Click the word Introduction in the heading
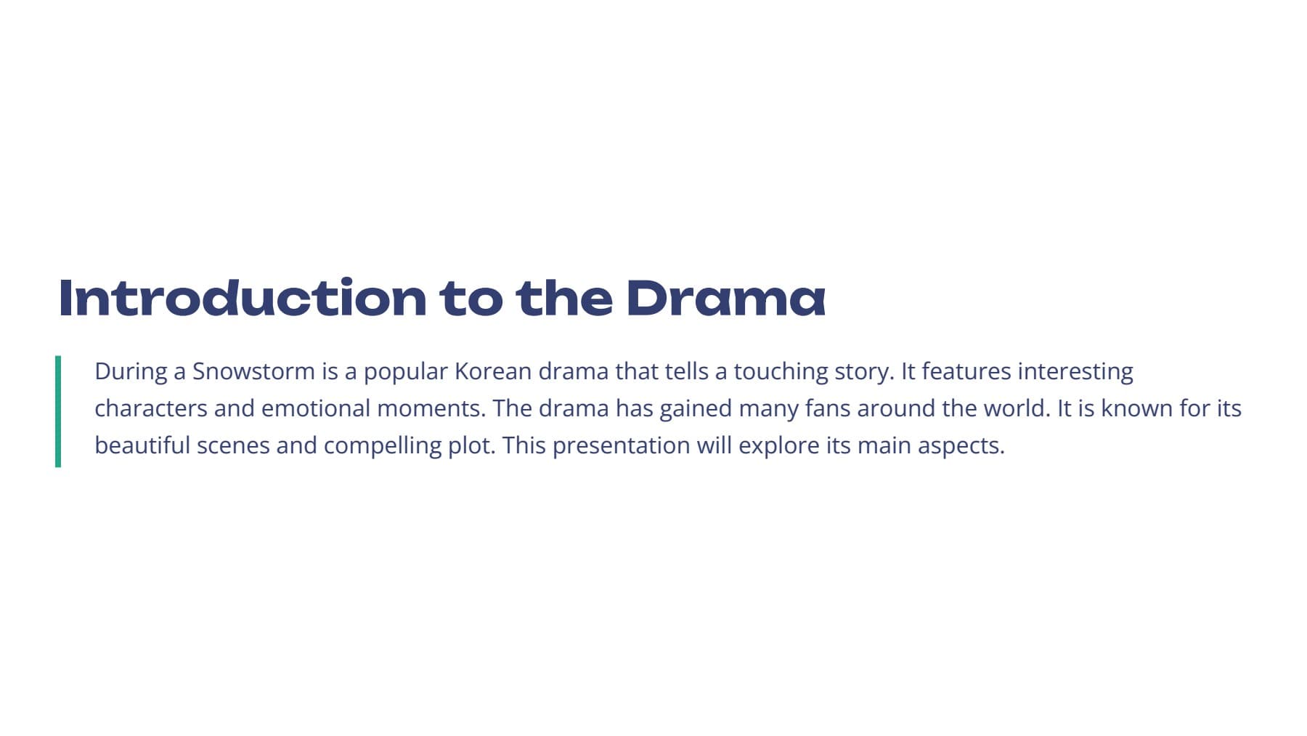tap(243, 298)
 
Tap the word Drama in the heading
tap(725, 298)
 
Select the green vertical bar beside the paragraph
tap(58, 411)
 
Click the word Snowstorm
tap(253, 371)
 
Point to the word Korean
tap(493, 371)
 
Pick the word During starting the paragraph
tap(131, 371)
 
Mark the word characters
tap(151, 408)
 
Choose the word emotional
tap(316, 408)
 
